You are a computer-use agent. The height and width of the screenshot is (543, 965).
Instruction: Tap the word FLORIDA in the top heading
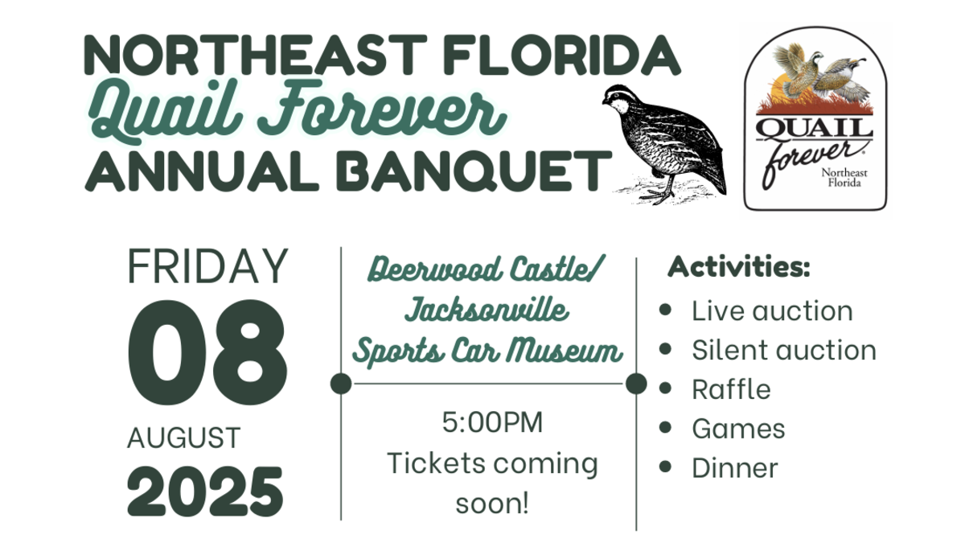pyautogui.click(x=562, y=56)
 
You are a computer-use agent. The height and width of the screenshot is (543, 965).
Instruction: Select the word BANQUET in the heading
pyautogui.click(x=474, y=171)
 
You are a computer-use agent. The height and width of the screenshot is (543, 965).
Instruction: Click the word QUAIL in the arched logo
pyautogui.click(x=814, y=128)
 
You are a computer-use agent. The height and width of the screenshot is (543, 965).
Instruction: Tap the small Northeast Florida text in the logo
pyautogui.click(x=844, y=178)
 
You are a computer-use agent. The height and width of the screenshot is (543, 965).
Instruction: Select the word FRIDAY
pyautogui.click(x=207, y=266)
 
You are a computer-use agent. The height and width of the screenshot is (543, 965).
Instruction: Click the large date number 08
pyautogui.click(x=207, y=352)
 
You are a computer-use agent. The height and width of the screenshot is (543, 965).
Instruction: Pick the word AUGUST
pyautogui.click(x=184, y=438)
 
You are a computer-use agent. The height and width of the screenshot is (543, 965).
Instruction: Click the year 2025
pyautogui.click(x=205, y=492)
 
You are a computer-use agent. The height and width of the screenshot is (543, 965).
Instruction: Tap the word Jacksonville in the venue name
pyautogui.click(x=487, y=311)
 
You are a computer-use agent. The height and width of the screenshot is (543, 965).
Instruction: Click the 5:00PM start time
pyautogui.click(x=492, y=422)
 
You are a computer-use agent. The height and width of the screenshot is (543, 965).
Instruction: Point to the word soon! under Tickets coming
pyautogui.click(x=492, y=504)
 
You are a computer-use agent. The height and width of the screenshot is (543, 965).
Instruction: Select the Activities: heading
pyautogui.click(x=739, y=267)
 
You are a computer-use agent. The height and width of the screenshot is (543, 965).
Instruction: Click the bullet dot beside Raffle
pyautogui.click(x=665, y=388)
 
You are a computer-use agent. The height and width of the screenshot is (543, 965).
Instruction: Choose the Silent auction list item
pyautogui.click(x=784, y=350)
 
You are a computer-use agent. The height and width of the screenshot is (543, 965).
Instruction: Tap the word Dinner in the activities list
pyautogui.click(x=735, y=468)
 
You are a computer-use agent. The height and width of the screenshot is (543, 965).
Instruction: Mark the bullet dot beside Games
pyautogui.click(x=665, y=427)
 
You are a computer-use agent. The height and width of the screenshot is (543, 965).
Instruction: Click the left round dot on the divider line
pyautogui.click(x=341, y=384)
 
